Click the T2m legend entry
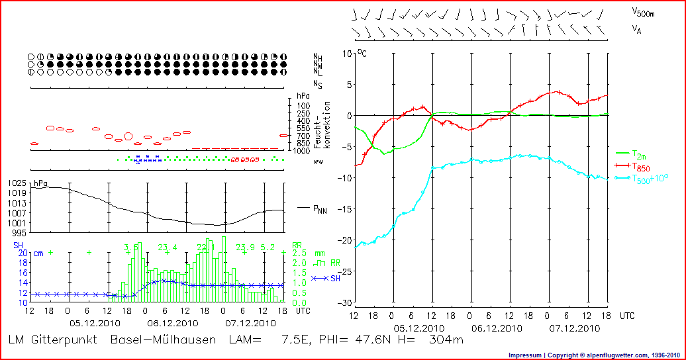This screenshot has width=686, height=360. click(x=639, y=153)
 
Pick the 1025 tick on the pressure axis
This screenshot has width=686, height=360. click(x=18, y=183)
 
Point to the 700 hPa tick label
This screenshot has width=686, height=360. click(x=303, y=136)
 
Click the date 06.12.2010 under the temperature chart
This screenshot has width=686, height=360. click(x=491, y=328)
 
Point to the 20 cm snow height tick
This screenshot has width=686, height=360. click(x=21, y=253)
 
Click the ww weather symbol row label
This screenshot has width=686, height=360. click(x=318, y=161)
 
